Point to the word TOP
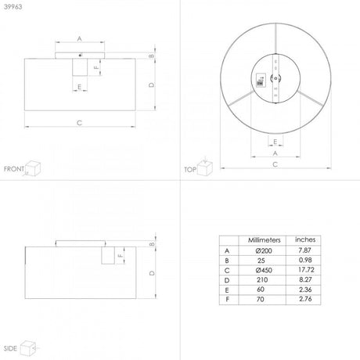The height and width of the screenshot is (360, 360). tap(189, 168)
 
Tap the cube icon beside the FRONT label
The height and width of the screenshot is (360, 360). tap(34, 167)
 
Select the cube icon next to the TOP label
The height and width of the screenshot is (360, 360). tap(205, 167)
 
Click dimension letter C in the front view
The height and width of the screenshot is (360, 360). tap(80, 123)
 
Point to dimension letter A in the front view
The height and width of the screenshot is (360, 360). tap(80, 38)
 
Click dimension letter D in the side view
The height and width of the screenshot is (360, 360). tap(151, 272)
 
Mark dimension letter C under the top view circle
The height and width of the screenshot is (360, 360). tap(275, 164)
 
